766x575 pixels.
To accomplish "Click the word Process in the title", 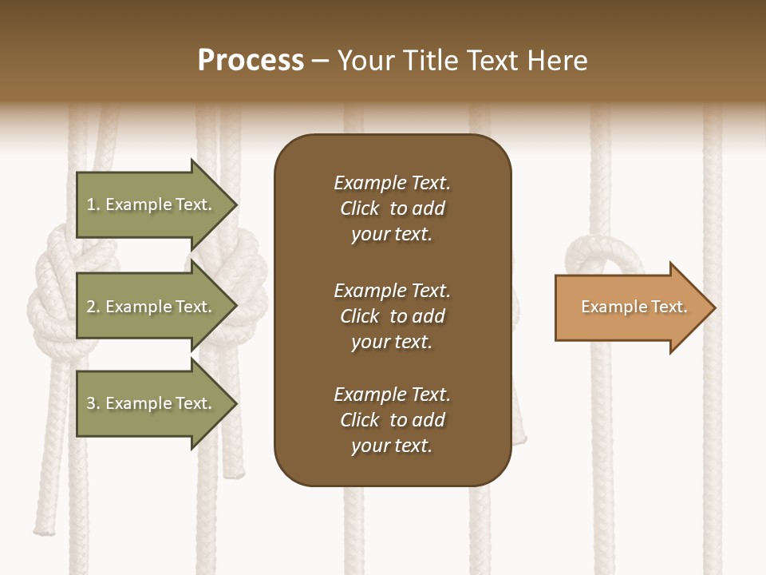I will point(251,61).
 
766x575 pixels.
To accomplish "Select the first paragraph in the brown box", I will point(392,208).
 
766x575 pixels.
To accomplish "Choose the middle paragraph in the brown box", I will point(392,316).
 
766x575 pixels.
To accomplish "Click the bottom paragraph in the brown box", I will point(392,420).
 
